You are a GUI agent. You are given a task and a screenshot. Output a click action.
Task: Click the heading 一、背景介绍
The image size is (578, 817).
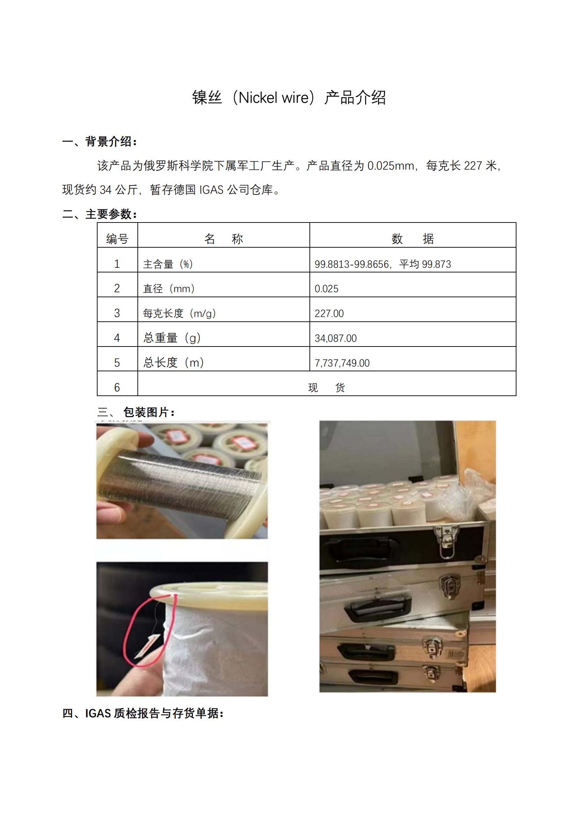point(99,141)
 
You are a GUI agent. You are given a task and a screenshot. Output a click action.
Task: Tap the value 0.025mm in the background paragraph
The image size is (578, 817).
point(390,166)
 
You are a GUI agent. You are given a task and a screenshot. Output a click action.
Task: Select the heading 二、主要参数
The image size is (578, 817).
point(99,214)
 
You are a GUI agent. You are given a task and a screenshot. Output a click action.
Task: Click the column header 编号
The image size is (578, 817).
point(117,239)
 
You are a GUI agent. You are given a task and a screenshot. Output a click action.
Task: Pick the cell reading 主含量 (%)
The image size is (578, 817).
point(168,264)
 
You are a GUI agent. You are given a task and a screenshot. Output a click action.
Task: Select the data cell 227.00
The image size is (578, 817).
point(329,313)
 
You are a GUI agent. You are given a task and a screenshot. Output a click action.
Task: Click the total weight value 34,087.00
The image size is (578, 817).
point(335,338)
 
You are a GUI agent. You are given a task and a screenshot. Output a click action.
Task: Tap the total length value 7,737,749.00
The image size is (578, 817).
point(342,363)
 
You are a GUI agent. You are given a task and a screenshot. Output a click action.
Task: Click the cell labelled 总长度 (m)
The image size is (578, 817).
point(173,363)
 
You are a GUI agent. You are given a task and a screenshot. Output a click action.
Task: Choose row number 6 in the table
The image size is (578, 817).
point(117,387)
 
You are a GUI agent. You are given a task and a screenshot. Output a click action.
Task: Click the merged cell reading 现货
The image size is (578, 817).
point(326,387)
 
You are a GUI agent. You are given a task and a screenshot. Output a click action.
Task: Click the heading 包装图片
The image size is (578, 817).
point(149,412)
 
